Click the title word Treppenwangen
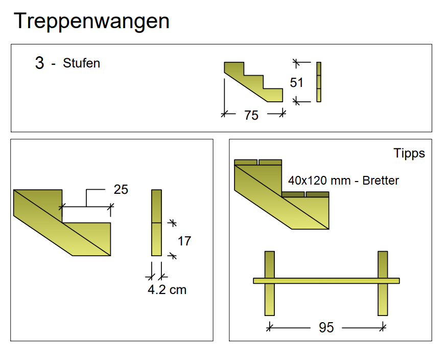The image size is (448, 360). (x=91, y=21)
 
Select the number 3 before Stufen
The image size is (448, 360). (x=39, y=63)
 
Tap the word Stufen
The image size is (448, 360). (x=81, y=63)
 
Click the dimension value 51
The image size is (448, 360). (x=296, y=83)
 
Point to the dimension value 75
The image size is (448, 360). (x=251, y=115)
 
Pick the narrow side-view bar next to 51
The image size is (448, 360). (x=319, y=82)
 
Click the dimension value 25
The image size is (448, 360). (x=121, y=189)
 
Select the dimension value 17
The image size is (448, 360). (x=184, y=241)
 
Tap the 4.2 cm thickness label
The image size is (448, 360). (x=167, y=290)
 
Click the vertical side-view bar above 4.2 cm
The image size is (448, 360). (x=157, y=223)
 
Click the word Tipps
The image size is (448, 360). (x=409, y=153)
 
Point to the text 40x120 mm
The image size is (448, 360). (x=319, y=181)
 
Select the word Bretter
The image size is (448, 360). (x=381, y=181)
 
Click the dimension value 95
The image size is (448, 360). (x=326, y=327)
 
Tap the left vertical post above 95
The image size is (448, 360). (x=270, y=283)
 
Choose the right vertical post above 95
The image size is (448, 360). (x=383, y=283)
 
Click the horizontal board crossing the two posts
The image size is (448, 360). (x=326, y=281)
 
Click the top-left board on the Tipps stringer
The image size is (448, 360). (x=246, y=163)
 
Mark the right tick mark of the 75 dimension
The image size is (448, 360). (x=282, y=114)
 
